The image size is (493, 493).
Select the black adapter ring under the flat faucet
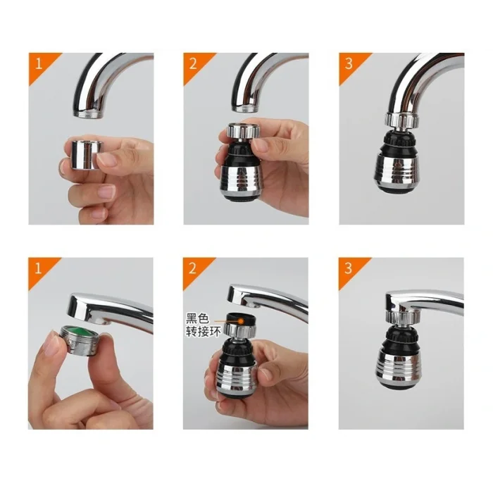(245, 319)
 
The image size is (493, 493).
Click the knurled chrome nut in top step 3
(400, 119)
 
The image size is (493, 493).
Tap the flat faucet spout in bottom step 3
(423, 301)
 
